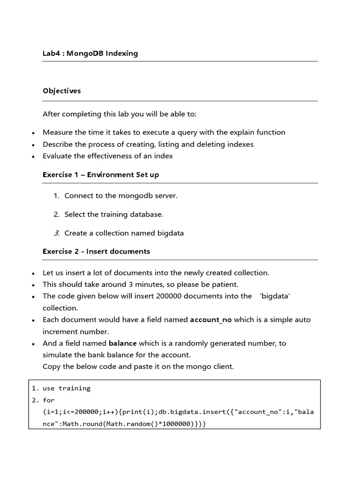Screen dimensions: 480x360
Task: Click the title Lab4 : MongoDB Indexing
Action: coord(90,53)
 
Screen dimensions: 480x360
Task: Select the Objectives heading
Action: coord(61,91)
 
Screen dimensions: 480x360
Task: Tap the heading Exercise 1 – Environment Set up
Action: coord(100,175)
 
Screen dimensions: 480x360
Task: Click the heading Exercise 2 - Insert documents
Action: coord(96,252)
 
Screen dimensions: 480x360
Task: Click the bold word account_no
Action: coord(210,320)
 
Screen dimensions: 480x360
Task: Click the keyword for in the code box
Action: coord(48,400)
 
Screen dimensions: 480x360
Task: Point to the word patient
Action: coord(226,285)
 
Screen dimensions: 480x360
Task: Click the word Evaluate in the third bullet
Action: coord(58,156)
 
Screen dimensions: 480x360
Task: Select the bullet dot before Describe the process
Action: coord(33,145)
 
